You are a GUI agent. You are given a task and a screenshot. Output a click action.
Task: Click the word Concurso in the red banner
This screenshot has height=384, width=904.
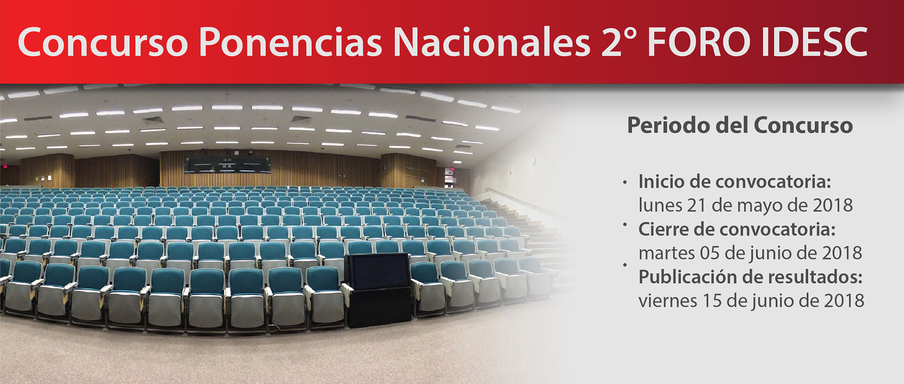[103, 42]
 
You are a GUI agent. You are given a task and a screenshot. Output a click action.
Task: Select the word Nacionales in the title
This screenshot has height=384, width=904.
[492, 42]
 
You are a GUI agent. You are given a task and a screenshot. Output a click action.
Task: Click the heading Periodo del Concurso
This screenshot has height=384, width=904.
[739, 126]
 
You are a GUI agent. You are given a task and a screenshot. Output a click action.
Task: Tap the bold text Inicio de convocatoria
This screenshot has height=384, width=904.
[735, 182]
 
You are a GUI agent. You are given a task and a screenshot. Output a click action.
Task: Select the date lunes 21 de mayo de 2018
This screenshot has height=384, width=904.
[746, 205]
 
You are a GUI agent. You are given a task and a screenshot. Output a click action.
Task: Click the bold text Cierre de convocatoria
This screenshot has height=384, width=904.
[737, 230]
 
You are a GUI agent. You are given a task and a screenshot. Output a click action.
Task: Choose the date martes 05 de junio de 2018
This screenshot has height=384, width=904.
[750, 253]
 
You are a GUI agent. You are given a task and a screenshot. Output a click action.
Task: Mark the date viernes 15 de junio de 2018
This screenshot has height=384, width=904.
[751, 301]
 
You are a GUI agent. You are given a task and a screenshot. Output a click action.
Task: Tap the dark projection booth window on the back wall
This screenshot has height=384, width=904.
[228, 165]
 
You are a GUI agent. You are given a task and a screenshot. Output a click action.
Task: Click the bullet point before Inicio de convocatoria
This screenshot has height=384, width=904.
[625, 183]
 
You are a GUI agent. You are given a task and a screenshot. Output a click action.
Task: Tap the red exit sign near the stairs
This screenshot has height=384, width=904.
[450, 171]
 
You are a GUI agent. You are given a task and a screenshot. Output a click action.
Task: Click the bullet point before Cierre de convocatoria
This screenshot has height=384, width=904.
[625, 224]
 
